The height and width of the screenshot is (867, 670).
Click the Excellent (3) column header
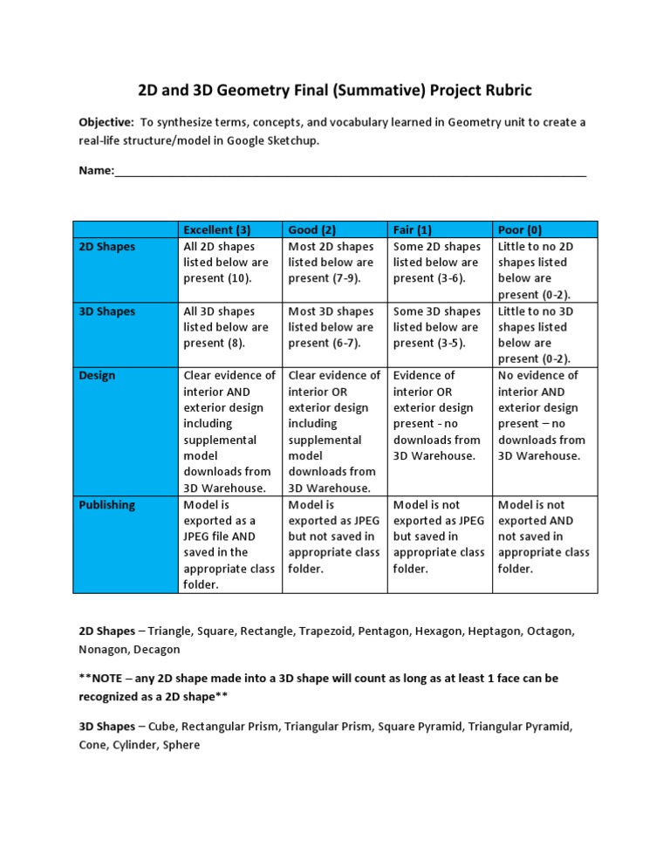point(217,230)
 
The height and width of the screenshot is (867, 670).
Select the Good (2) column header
point(311,230)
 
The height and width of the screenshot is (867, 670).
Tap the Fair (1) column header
point(413,230)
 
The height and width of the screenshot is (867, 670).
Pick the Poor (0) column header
point(520,230)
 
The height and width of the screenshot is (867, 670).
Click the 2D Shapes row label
point(107,247)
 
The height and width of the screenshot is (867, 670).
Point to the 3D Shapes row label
point(107,311)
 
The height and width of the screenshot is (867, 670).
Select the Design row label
point(97,376)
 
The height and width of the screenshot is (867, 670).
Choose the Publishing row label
point(107,505)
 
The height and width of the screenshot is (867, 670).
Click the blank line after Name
point(349,172)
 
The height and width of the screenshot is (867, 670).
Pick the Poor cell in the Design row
point(544,415)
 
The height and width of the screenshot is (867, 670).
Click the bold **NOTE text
point(101,678)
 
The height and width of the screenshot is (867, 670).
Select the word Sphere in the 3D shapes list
point(180,746)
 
